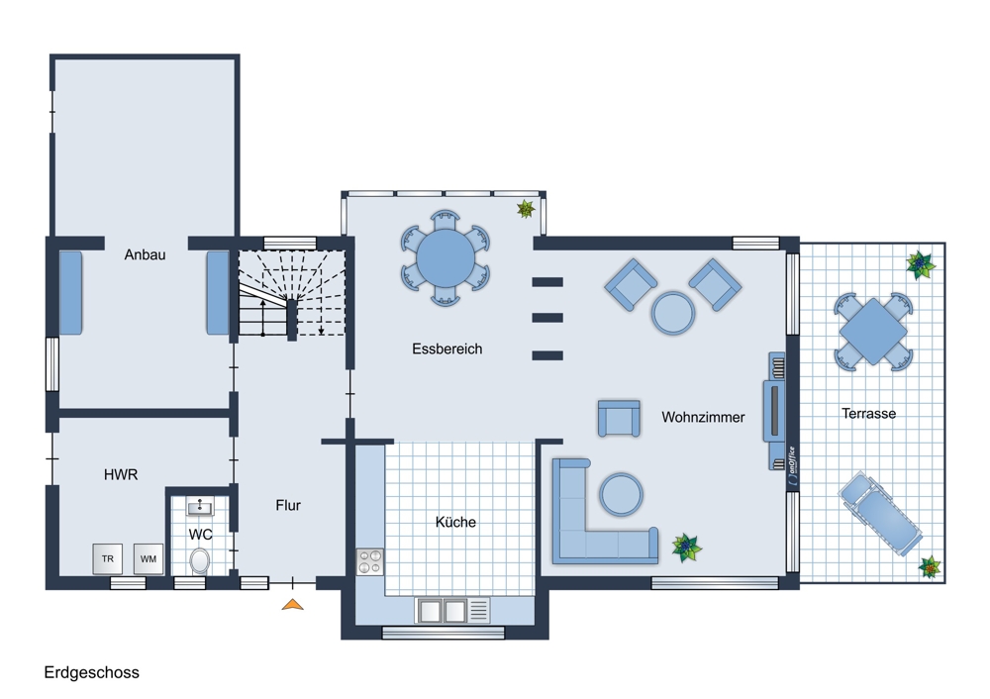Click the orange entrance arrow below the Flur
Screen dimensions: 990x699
[x=292, y=605]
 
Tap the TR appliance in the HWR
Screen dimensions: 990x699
[x=107, y=558]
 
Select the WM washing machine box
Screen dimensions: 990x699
[x=148, y=558]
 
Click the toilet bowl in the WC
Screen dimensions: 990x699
[x=200, y=560]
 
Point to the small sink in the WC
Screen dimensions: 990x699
[x=200, y=506]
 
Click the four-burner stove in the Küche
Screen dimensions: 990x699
[x=370, y=561]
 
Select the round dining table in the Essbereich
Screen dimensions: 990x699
[x=445, y=258]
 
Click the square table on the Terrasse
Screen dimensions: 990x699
[x=872, y=332]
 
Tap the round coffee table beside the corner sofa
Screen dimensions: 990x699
[x=622, y=494]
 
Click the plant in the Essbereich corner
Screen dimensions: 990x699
[x=526, y=208]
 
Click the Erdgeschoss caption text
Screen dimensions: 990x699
[x=91, y=672]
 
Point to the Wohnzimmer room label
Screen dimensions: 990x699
[x=703, y=417]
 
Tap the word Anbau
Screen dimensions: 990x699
[x=145, y=254]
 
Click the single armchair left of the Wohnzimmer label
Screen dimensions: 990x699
[x=619, y=418]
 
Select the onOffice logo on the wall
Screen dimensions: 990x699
[x=792, y=466]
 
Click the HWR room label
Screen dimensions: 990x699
[x=121, y=474]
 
